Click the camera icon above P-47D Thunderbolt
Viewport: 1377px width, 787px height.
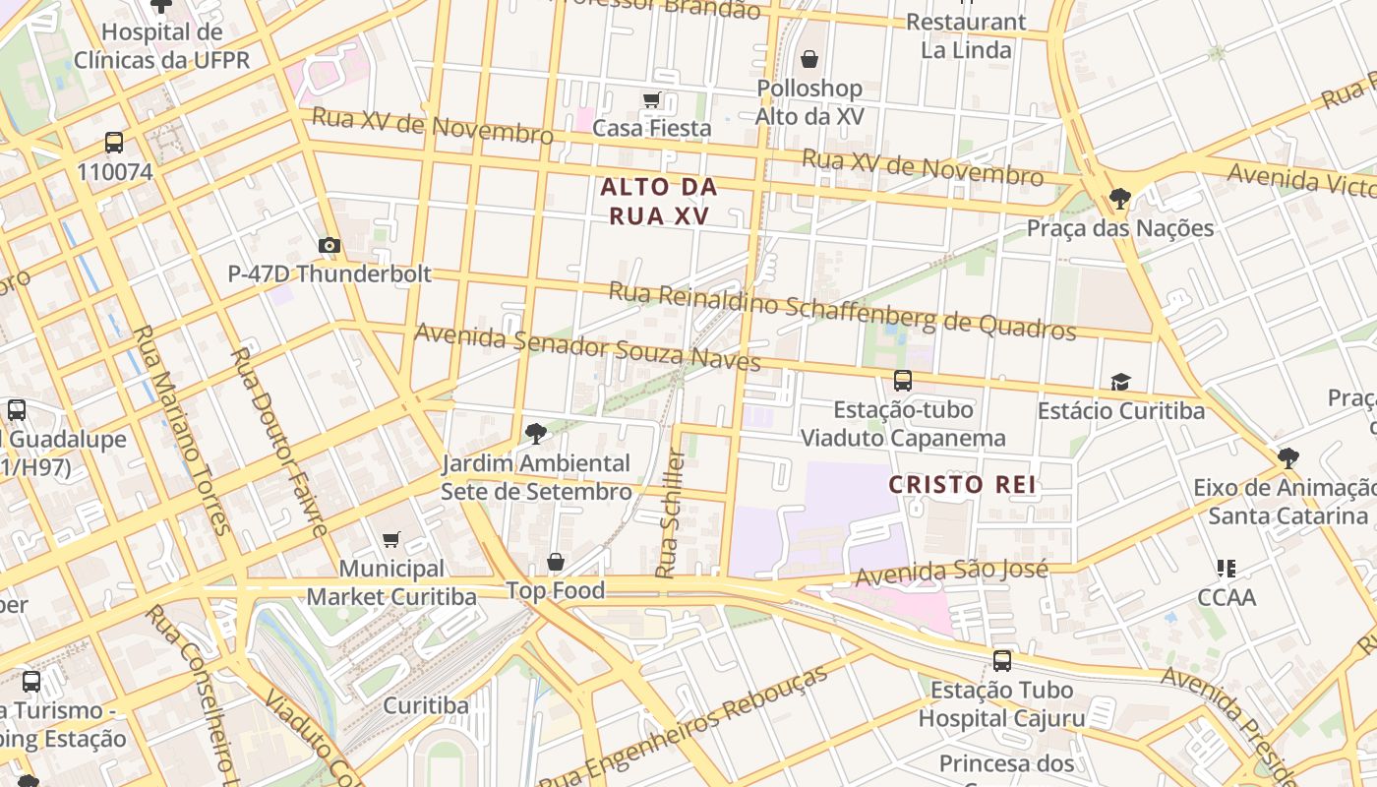point(329,245)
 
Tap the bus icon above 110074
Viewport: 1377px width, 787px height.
point(114,143)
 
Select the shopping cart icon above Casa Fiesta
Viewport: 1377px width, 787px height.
point(651,100)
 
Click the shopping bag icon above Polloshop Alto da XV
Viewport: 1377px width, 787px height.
point(808,60)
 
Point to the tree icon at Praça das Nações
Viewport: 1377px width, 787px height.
point(1119,199)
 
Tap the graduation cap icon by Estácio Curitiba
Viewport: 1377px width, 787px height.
point(1120,382)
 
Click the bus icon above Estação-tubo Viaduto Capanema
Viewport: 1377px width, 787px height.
point(902,380)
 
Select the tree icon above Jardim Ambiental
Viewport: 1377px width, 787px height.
point(536,433)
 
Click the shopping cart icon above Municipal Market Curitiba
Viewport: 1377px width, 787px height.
point(391,539)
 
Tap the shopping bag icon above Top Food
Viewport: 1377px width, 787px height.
point(556,562)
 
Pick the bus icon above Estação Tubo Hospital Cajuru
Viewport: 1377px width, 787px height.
point(1001,661)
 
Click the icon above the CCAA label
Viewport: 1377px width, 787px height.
point(1226,568)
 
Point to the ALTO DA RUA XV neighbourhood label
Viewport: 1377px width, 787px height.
point(658,201)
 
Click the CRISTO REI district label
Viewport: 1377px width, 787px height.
point(963,484)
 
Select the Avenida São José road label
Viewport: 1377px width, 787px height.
point(951,573)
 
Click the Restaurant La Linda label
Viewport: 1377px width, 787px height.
point(966,35)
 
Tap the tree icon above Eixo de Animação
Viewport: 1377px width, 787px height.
point(1287,458)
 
